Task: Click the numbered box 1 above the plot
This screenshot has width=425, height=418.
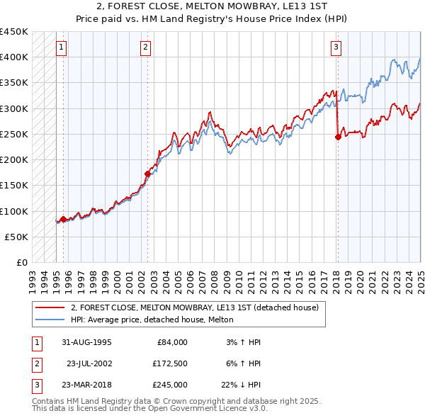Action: [62, 47]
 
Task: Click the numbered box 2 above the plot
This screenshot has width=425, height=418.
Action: [145, 47]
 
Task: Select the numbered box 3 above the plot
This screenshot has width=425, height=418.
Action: [336, 47]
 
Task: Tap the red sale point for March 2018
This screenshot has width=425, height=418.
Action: [338, 137]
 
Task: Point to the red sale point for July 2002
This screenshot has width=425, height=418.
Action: [147, 174]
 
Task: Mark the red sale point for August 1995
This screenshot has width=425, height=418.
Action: [63, 219]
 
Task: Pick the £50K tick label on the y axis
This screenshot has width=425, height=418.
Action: [17, 237]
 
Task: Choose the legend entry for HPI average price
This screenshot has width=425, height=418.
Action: [157, 320]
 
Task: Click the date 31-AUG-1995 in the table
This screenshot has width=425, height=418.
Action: [86, 342]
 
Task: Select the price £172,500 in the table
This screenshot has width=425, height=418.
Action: [170, 363]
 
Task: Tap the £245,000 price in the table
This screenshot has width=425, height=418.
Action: [170, 385]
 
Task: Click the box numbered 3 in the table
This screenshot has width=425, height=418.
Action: [36, 385]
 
